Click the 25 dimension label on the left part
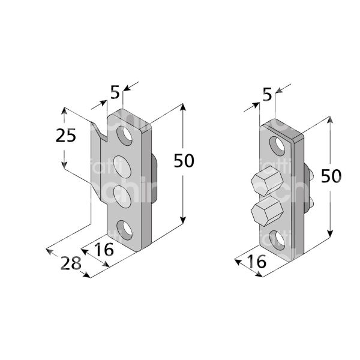tap(66, 136)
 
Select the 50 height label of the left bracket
tap(184, 160)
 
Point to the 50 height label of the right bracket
tap(332, 176)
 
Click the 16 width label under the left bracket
tap(103, 249)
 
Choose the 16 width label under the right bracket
tap(256, 262)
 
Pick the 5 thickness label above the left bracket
tap(115, 92)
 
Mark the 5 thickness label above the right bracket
tap(267, 94)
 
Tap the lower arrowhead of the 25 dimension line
tap(64, 167)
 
